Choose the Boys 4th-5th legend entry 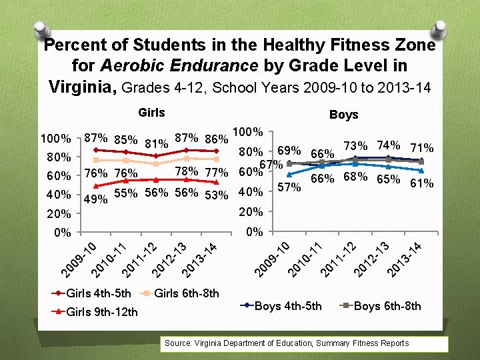point(285,306)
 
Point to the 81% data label point(155,143)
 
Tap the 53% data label point(217,194)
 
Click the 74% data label point(388,145)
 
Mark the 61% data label point(421,183)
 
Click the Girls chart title point(151,113)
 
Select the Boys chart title point(343,115)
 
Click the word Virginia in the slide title point(83,87)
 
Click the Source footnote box point(306,343)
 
